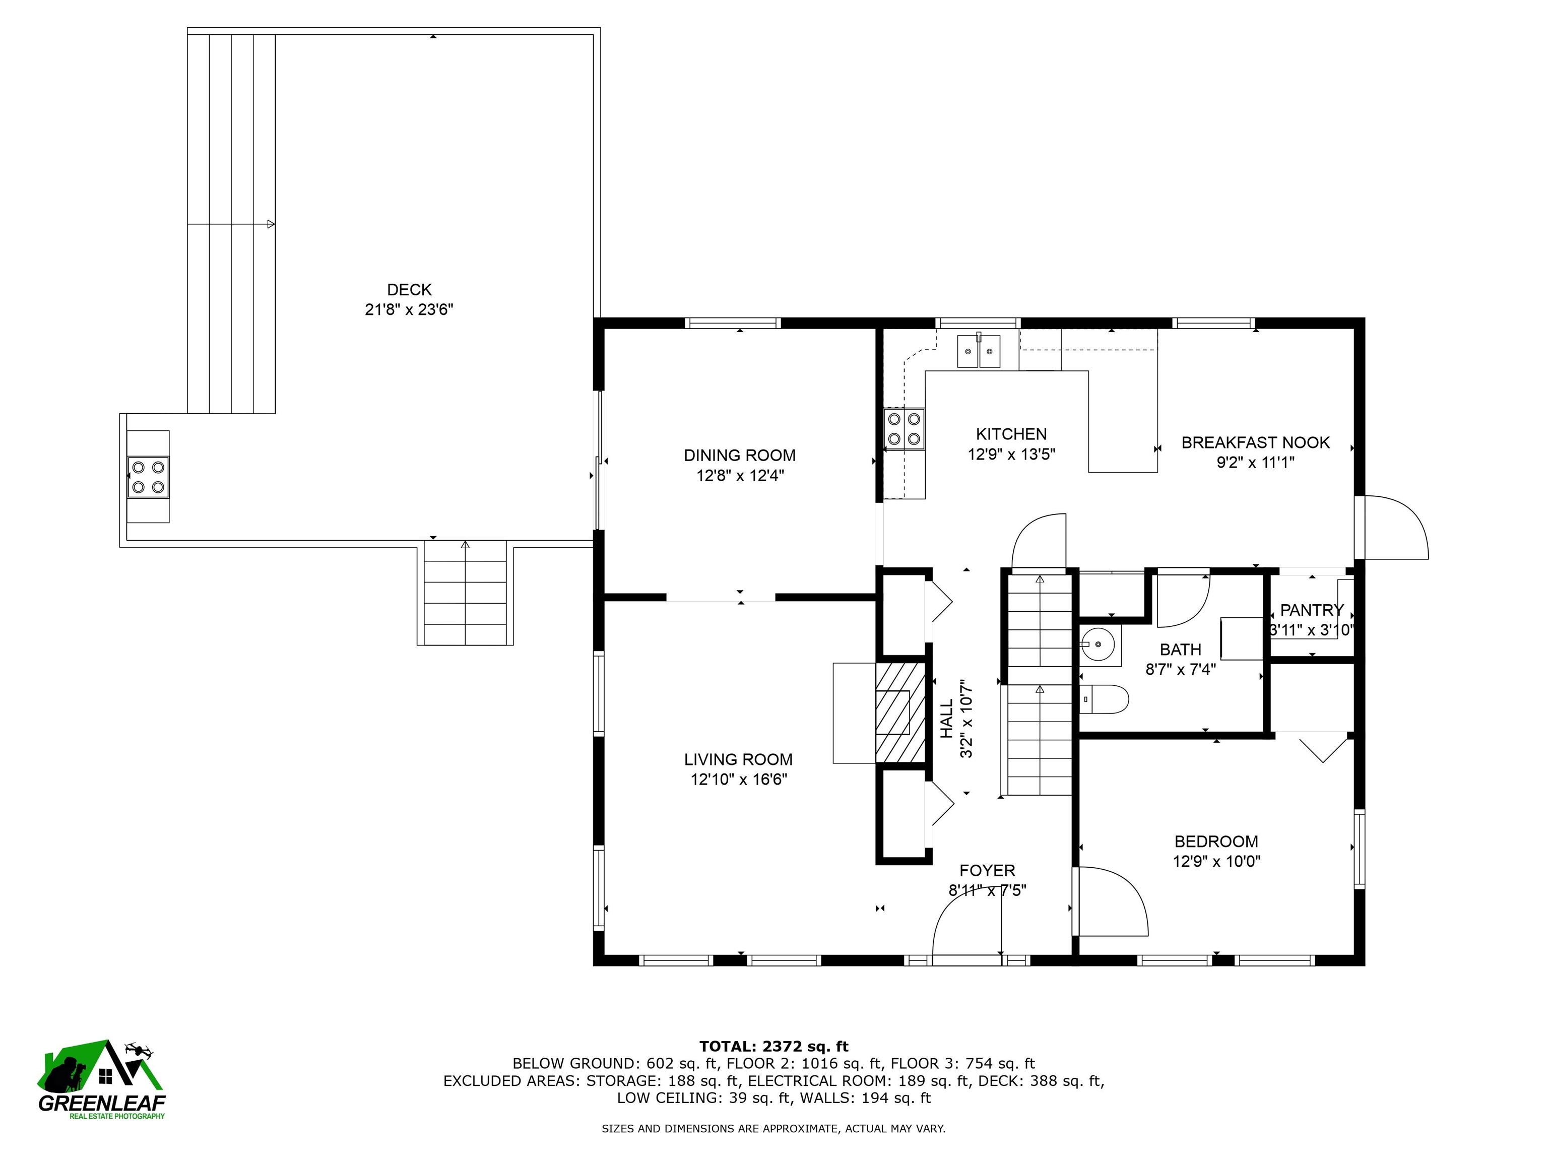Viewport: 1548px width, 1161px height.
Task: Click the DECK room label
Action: click(x=409, y=290)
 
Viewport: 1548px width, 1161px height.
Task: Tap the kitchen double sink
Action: click(x=979, y=351)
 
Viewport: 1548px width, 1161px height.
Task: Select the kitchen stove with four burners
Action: click(x=904, y=429)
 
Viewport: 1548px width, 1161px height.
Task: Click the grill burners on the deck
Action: click(x=148, y=477)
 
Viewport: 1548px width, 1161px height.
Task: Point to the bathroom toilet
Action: click(x=1106, y=698)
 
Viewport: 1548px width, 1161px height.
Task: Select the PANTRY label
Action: click(x=1312, y=610)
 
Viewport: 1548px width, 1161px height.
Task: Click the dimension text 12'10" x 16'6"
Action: click(x=739, y=780)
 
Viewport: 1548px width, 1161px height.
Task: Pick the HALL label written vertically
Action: click(x=946, y=718)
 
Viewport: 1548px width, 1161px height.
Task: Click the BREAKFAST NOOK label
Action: click(x=1255, y=442)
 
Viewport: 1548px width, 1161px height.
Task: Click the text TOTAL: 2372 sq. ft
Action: click(x=773, y=1046)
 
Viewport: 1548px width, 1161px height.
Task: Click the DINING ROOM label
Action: click(x=740, y=456)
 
